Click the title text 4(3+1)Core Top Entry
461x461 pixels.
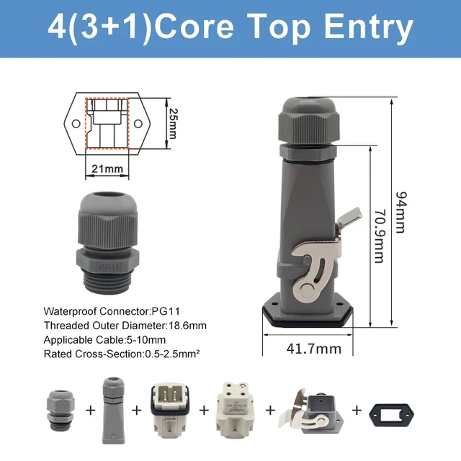[x=230, y=27]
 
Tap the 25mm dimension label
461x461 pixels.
[x=172, y=124]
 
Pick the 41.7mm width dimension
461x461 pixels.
[x=313, y=349]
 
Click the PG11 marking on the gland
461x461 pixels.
[x=108, y=245]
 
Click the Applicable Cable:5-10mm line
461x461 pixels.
[x=104, y=340]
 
